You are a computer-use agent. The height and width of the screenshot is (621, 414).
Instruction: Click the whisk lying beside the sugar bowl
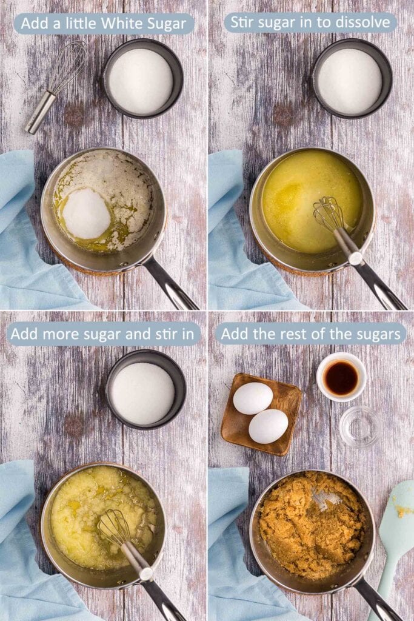58,85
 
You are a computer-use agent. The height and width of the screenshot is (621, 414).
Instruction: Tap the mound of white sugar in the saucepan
86,213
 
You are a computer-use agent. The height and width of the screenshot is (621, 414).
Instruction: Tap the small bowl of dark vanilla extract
341,377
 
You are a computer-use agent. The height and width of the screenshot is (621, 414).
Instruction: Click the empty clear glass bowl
360,426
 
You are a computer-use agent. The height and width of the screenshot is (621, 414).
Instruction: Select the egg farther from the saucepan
253,398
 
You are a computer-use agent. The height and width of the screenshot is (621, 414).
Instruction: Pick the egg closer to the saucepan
268,426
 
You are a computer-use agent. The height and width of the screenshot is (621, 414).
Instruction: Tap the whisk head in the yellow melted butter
329,213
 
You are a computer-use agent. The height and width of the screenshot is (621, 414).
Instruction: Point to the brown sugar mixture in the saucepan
309,525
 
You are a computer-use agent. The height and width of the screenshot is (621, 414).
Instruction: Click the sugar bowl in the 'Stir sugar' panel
352,81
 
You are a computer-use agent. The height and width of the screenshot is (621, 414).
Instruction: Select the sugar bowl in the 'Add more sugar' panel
145,392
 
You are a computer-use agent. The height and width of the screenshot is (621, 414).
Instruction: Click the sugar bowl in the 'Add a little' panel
142,81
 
